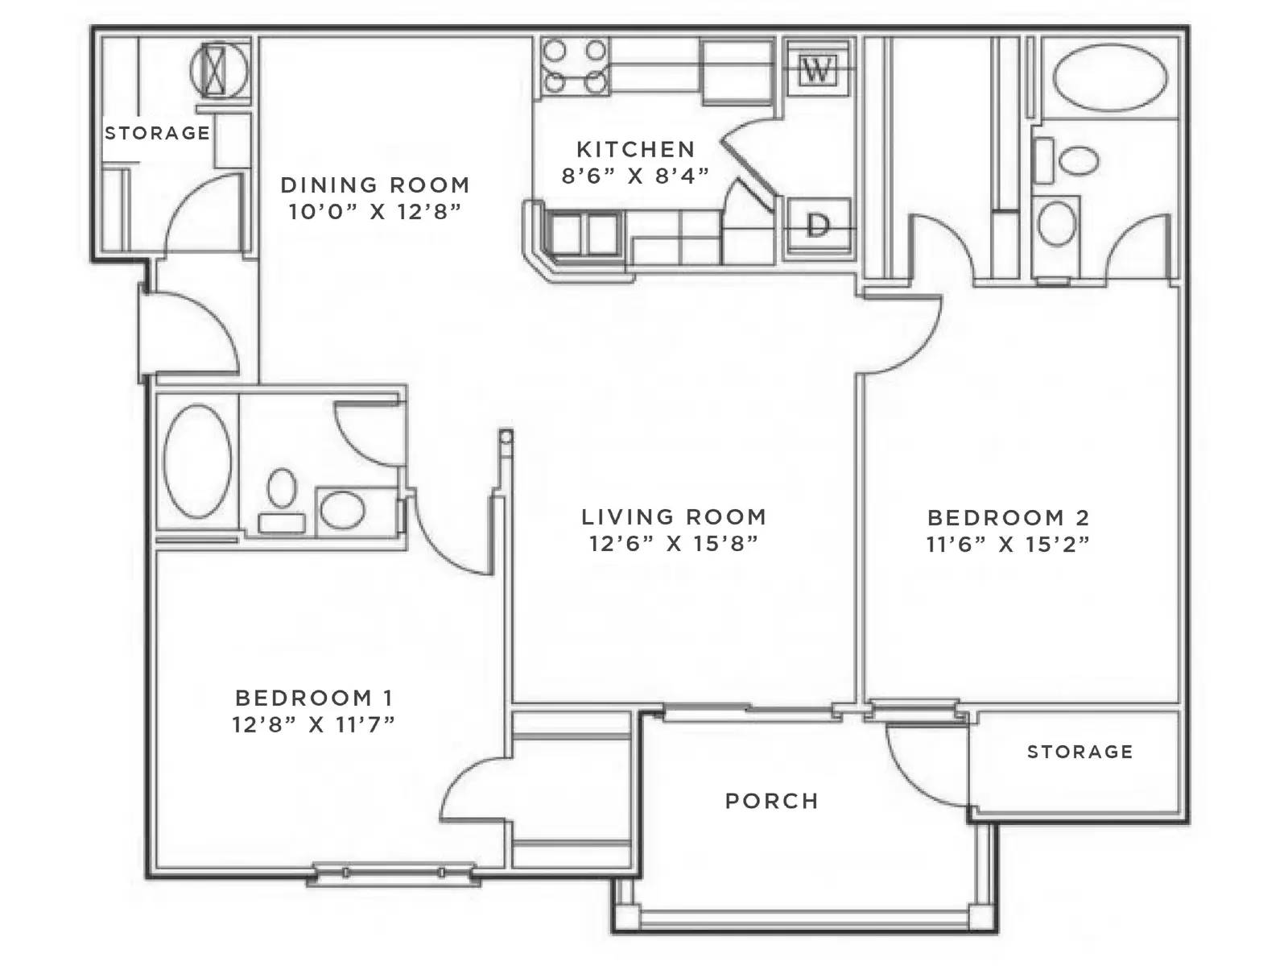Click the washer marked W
point(818,70)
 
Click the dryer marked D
point(818,226)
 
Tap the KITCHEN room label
point(635,149)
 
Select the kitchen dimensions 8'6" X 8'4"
point(635,176)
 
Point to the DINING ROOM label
point(374,184)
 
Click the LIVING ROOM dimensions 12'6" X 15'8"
point(673,544)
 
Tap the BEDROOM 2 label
point(1008,517)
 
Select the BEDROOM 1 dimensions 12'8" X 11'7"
point(313,724)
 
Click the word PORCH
point(771,801)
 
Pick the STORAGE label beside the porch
point(1080,752)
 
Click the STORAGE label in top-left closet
point(157,133)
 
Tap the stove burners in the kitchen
point(574,66)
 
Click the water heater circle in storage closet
point(215,69)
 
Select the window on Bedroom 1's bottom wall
point(394,873)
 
